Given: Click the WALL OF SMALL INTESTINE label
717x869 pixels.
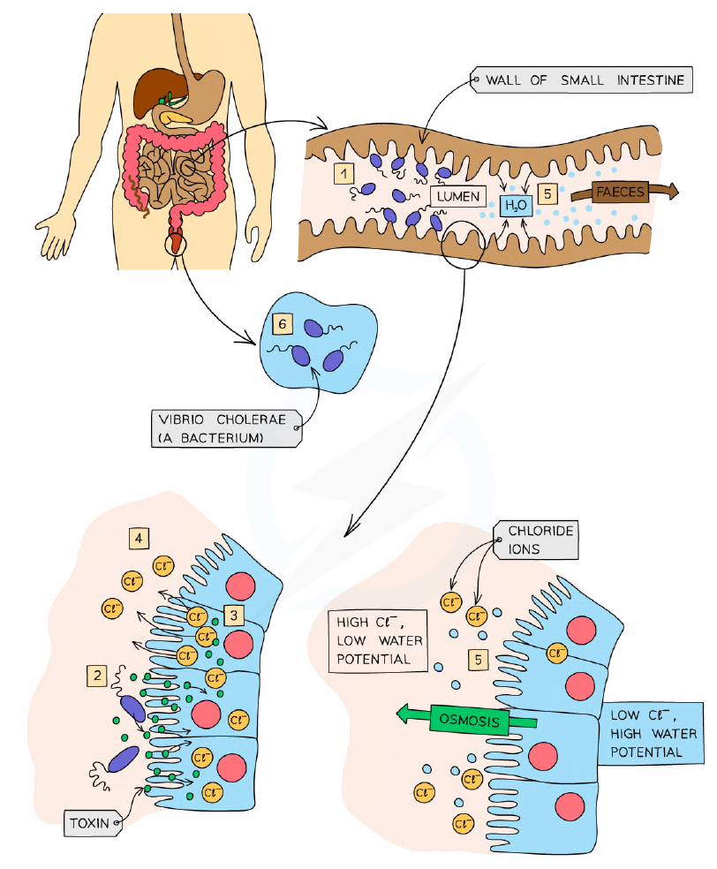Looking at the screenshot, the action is (x=581, y=80).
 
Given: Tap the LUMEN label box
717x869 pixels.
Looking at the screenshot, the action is (x=457, y=196).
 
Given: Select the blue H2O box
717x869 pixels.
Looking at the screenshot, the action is (x=516, y=206).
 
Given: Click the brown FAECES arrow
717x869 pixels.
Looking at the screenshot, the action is (x=624, y=192).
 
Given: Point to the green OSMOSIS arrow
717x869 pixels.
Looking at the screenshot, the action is (x=466, y=720).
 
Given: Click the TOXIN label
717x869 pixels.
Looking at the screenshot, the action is (x=93, y=823).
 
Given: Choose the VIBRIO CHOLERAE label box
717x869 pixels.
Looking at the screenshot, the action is (x=226, y=428).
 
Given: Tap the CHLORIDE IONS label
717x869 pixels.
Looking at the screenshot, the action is (x=536, y=540).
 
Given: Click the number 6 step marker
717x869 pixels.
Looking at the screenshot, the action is (x=282, y=323).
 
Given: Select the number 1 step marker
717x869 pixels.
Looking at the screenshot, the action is (x=344, y=173).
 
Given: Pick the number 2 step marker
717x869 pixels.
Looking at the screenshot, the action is (x=97, y=676).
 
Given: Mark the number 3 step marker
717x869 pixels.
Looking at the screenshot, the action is (x=234, y=615).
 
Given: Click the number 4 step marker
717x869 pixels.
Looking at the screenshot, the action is (x=139, y=538).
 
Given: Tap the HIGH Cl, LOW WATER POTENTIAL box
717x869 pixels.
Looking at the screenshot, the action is (x=378, y=640).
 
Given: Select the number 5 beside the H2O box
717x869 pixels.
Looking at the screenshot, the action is (x=547, y=194).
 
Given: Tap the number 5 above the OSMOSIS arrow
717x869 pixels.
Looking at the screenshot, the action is (x=479, y=660).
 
